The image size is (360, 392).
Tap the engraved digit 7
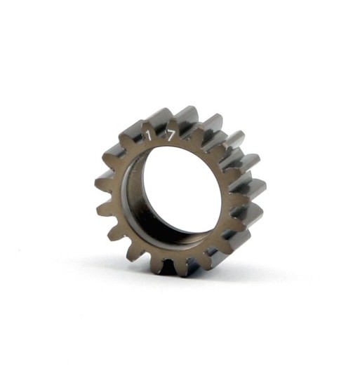(x=171, y=137)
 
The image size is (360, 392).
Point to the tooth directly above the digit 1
(x=144, y=117)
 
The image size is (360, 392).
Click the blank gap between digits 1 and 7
(x=159, y=135)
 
